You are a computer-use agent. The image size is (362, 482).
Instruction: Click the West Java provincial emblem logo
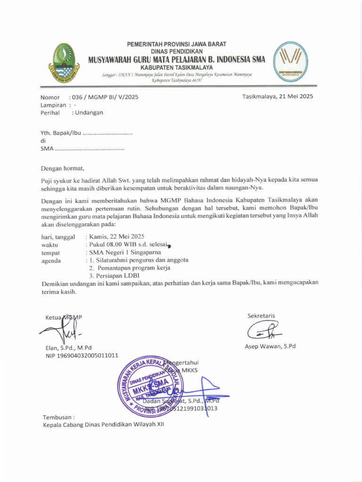point(63,63)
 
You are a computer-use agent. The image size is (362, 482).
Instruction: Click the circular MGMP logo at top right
point(290,63)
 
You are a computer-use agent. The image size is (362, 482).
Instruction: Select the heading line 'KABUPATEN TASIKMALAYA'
point(177,67)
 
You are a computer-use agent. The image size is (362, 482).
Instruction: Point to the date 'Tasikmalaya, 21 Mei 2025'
point(277,96)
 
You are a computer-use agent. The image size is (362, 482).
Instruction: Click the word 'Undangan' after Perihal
point(87,112)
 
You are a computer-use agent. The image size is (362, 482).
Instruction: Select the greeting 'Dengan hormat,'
point(62,168)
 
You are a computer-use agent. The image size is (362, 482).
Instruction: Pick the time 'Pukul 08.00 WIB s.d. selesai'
point(126,244)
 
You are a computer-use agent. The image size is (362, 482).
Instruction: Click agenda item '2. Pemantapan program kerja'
point(130,268)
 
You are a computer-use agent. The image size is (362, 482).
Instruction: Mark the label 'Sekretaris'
point(261,315)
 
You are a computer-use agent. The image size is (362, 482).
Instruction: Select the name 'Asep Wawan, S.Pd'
point(270,346)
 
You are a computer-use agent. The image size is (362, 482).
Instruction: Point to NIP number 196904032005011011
point(80,355)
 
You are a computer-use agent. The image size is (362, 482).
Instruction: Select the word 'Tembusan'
point(58,417)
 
